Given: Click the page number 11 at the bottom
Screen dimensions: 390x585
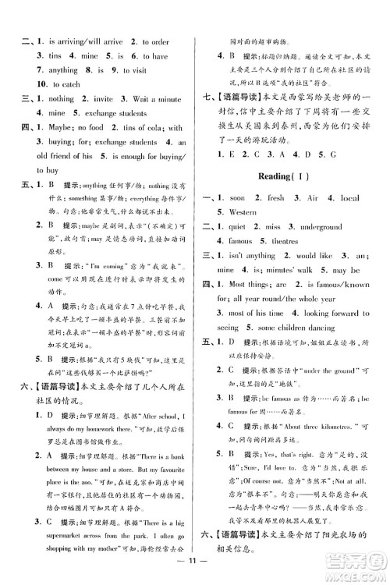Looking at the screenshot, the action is (195, 559).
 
